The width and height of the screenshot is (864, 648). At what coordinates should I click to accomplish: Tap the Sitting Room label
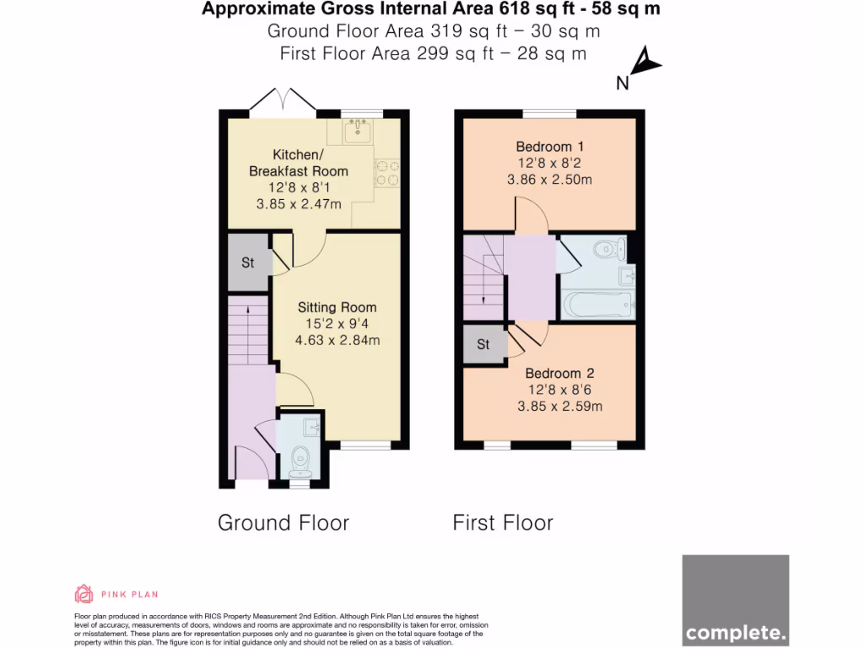337,307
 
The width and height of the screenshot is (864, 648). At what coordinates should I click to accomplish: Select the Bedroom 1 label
549,147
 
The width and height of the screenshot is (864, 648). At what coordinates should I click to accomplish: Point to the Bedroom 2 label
559,374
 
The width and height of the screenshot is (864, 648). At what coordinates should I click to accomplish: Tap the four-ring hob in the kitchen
387,172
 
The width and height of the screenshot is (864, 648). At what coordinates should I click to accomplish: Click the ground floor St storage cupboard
248,263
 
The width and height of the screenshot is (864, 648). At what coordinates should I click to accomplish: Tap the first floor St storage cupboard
483,344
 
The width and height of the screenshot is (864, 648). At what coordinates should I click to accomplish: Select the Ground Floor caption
283,522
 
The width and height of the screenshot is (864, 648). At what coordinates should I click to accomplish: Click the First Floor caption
503,522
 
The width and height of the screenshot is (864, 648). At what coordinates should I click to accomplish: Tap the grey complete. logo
735,600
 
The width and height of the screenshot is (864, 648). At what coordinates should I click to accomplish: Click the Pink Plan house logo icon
84,594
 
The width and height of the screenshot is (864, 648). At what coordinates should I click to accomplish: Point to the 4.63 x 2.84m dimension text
337,340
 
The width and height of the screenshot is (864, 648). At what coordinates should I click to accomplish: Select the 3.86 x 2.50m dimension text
549,179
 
